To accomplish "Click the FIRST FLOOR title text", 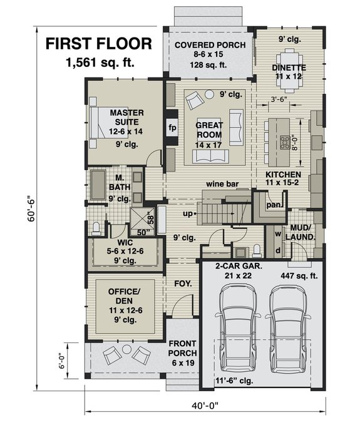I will pos(98,44).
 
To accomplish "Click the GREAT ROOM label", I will pos(209,130).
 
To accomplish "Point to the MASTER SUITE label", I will pos(127,118).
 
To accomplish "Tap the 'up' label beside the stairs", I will pos(187,214).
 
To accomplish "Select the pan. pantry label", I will pos(272,205).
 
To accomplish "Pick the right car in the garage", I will pos(289,332).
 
